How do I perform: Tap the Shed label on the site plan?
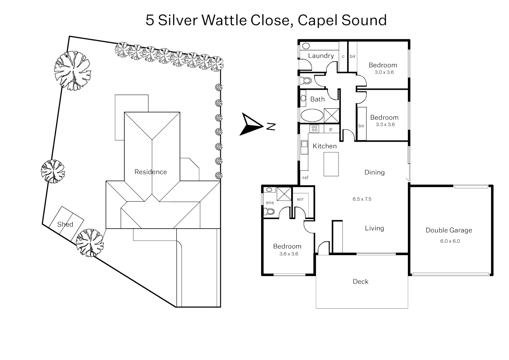[x=65, y=224]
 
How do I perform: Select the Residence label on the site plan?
[x=150, y=172]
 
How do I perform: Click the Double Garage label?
[x=449, y=230]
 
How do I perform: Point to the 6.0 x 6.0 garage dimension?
[x=450, y=241]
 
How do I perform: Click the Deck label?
[x=361, y=282]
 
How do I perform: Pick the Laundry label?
[x=321, y=56]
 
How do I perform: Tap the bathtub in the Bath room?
[x=312, y=116]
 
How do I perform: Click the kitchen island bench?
[x=331, y=164]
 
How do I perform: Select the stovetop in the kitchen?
[x=314, y=128]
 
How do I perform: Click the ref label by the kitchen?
[x=305, y=178]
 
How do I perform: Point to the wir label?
[x=300, y=199]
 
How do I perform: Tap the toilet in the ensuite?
[x=269, y=211]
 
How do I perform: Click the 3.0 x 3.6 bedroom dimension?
[x=384, y=72]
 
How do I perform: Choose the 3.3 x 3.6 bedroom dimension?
[x=385, y=125]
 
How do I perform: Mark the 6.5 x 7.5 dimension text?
[x=362, y=199]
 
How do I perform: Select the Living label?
[x=374, y=228]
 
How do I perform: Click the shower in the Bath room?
[x=332, y=116]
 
